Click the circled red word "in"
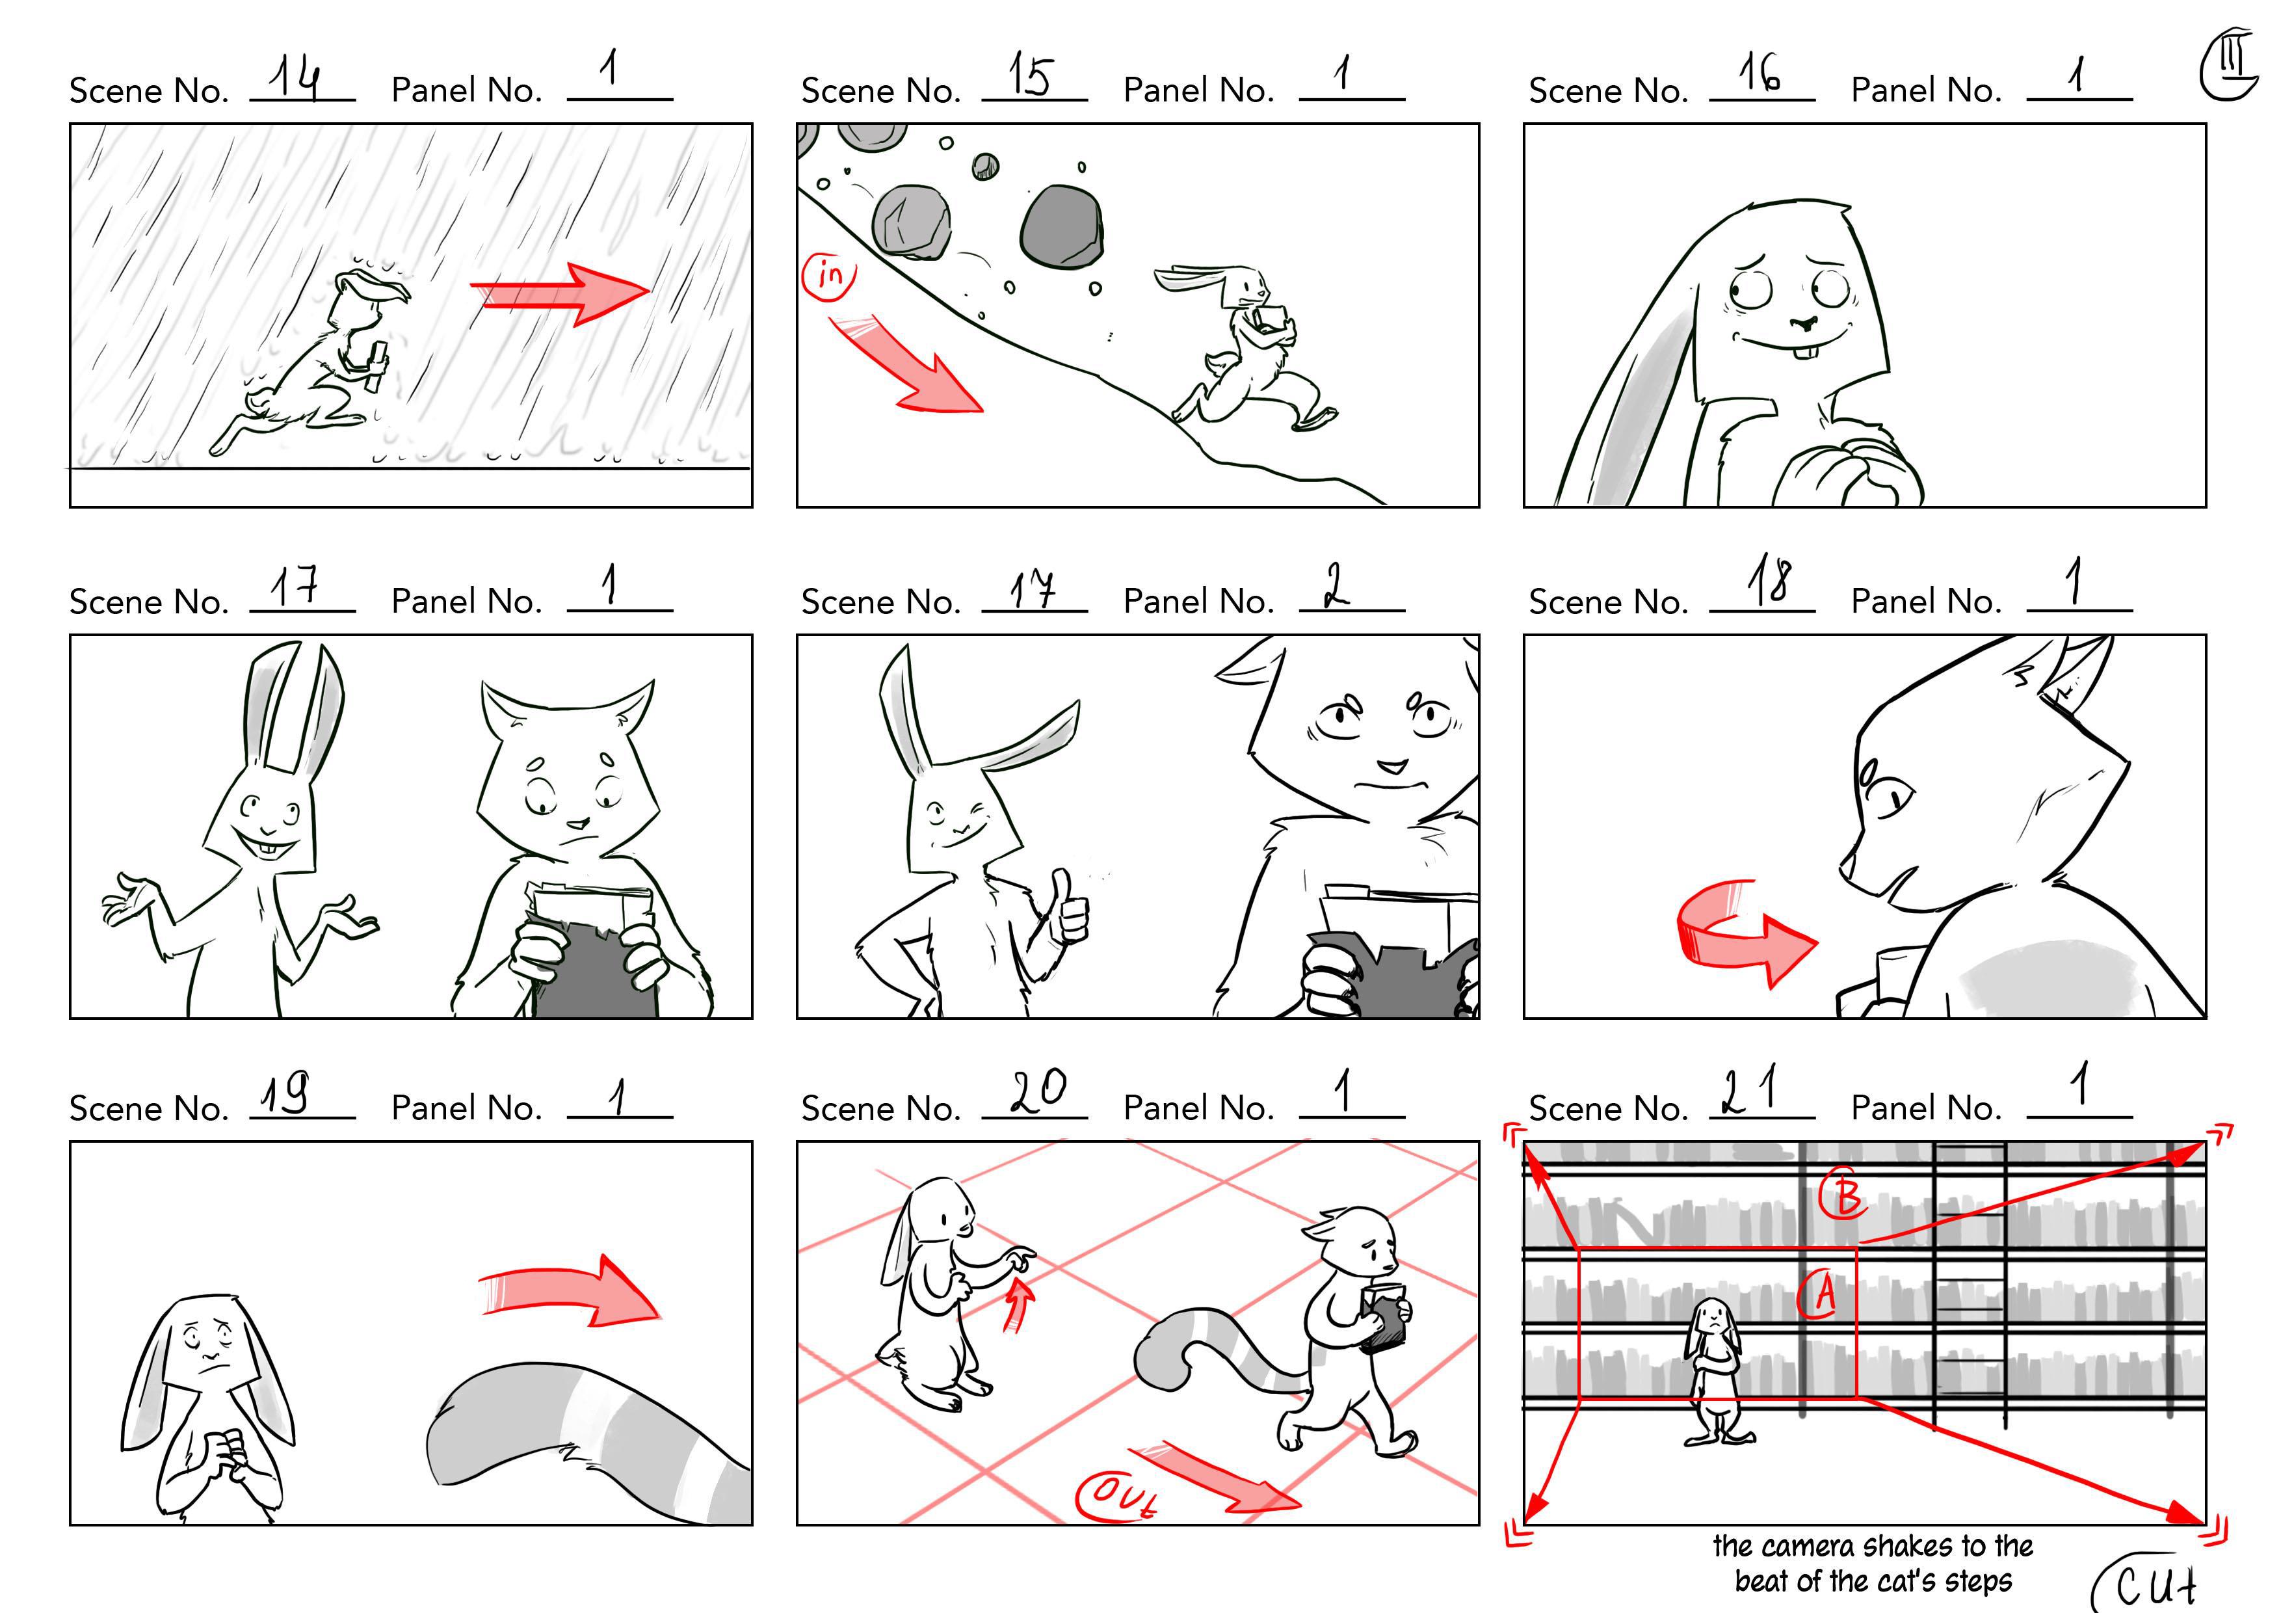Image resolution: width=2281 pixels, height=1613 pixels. [x=828, y=275]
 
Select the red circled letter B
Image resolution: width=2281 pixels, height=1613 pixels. [x=1844, y=1195]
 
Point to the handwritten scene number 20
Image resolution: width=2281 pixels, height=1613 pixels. [x=1037, y=1091]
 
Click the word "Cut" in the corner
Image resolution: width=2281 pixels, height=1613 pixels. [x=2154, y=1584]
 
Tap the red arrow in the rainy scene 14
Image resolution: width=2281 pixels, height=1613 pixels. [x=560, y=293]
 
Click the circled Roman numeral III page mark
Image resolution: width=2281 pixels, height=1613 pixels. [x=2228, y=64]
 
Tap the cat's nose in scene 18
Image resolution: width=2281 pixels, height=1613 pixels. [x=1845, y=862]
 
